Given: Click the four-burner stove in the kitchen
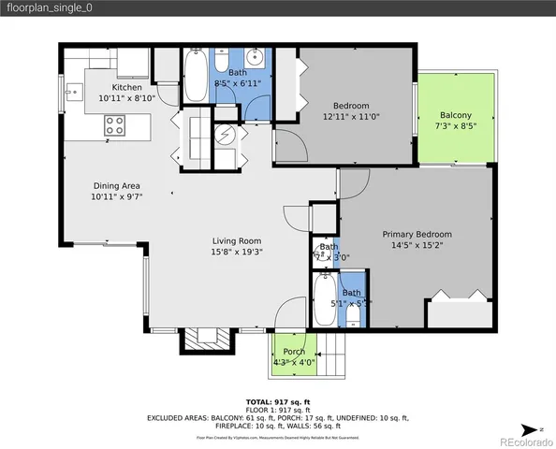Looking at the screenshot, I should click(x=115, y=123).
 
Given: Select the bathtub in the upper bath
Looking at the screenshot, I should click(x=196, y=78).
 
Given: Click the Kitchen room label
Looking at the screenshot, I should click(x=126, y=87).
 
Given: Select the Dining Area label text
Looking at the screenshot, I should click(x=116, y=185).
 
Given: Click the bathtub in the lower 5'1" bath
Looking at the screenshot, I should click(x=323, y=299).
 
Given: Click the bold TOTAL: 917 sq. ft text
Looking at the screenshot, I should click(x=277, y=399).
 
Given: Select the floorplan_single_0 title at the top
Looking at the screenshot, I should click(x=51, y=8).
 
